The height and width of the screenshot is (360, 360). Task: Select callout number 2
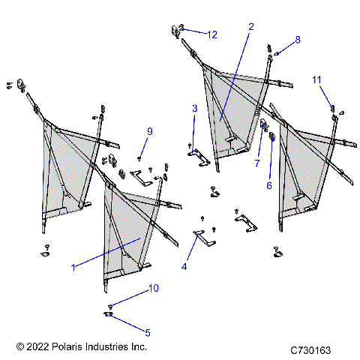250,26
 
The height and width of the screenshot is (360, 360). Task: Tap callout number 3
194,109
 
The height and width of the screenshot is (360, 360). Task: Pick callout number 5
147,332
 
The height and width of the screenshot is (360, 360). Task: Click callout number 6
269,185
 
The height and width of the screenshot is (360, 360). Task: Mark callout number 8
297,39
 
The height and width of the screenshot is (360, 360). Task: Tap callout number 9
149,131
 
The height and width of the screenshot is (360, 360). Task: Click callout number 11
316,79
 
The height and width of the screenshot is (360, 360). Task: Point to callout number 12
212,34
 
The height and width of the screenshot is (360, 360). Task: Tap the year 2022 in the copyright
37,347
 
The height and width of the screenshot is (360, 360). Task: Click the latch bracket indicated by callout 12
178,29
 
